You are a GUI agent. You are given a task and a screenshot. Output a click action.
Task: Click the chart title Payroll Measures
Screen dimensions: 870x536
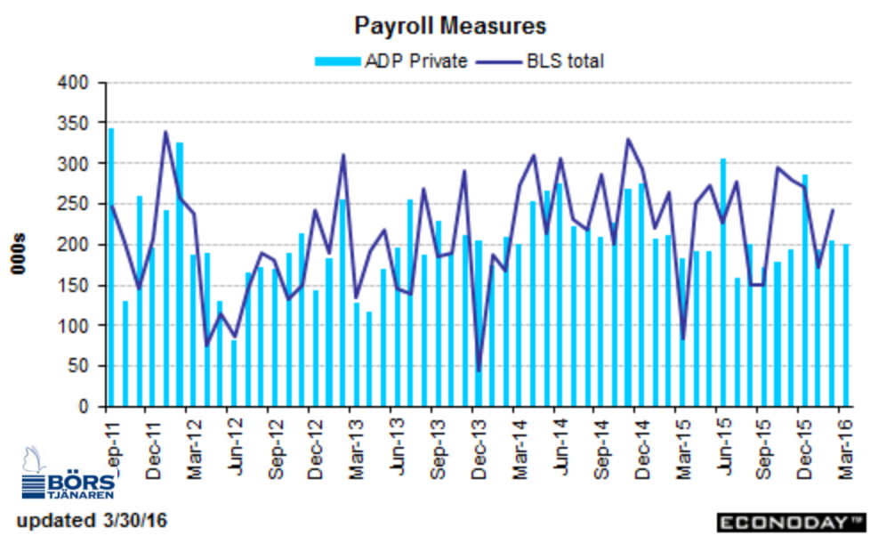(x=450, y=26)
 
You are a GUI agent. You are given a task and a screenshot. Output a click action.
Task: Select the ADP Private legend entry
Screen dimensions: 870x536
(x=391, y=61)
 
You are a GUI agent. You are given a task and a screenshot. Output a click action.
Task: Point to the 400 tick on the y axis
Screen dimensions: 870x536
(x=73, y=83)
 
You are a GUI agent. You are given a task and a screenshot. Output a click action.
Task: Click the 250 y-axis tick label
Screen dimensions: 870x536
(x=73, y=204)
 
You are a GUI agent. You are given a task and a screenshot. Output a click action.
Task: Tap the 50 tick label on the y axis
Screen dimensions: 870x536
(x=78, y=366)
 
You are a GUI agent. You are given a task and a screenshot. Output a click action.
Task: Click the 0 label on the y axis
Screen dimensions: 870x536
(x=84, y=407)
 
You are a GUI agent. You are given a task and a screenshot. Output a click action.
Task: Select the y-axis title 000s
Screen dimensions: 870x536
(x=19, y=254)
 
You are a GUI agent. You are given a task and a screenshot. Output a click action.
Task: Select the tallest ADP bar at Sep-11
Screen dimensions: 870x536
(x=111, y=267)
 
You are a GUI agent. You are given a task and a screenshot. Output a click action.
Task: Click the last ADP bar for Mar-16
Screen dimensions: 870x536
(x=846, y=326)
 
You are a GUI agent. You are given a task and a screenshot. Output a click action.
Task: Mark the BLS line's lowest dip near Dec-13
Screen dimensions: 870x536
(x=479, y=371)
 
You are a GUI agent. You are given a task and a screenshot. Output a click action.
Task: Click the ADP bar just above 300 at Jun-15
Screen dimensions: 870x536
(x=723, y=283)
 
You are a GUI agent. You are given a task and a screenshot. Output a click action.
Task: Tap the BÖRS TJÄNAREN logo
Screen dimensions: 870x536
(x=68, y=474)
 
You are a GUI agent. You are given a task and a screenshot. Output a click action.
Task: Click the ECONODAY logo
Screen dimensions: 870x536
(x=792, y=523)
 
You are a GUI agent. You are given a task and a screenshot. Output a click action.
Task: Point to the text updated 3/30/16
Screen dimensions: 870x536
(x=92, y=521)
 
